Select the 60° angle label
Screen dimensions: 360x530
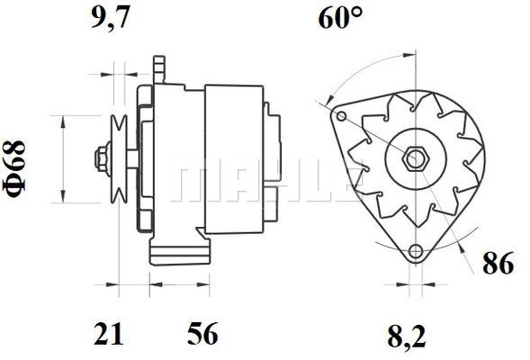[x=342, y=19]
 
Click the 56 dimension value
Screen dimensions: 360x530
[x=203, y=336]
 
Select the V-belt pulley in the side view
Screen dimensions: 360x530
[x=118, y=160]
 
